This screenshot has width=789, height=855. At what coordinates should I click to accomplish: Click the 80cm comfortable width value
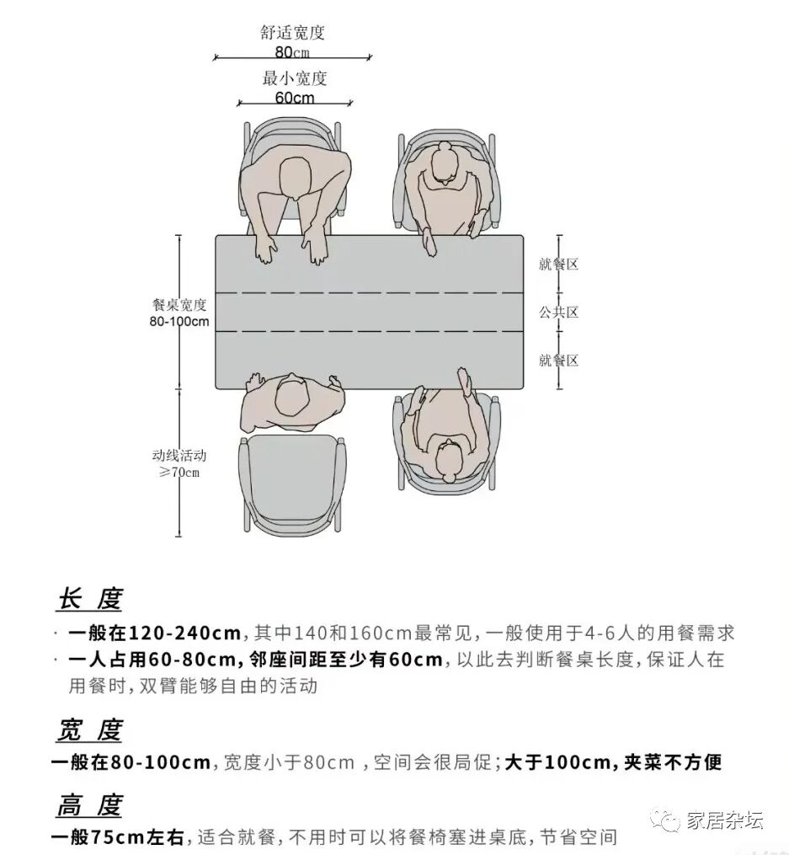(292, 52)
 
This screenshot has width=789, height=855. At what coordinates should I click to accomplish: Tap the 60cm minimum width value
(295, 98)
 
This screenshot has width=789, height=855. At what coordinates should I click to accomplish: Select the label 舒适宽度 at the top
(292, 34)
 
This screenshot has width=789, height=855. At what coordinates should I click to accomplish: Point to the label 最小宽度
(295, 79)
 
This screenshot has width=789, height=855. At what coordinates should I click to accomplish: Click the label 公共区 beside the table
(559, 313)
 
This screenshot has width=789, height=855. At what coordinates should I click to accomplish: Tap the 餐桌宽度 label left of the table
(179, 304)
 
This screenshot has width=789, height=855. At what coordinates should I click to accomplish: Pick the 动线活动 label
(179, 455)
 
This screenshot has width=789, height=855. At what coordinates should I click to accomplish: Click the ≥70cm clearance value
(179, 472)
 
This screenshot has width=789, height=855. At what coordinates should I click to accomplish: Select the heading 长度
(89, 600)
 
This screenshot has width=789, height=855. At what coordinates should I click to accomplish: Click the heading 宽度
(89, 730)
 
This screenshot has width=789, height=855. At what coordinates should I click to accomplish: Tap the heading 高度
(89, 806)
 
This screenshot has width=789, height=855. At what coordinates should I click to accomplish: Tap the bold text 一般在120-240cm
(156, 633)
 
